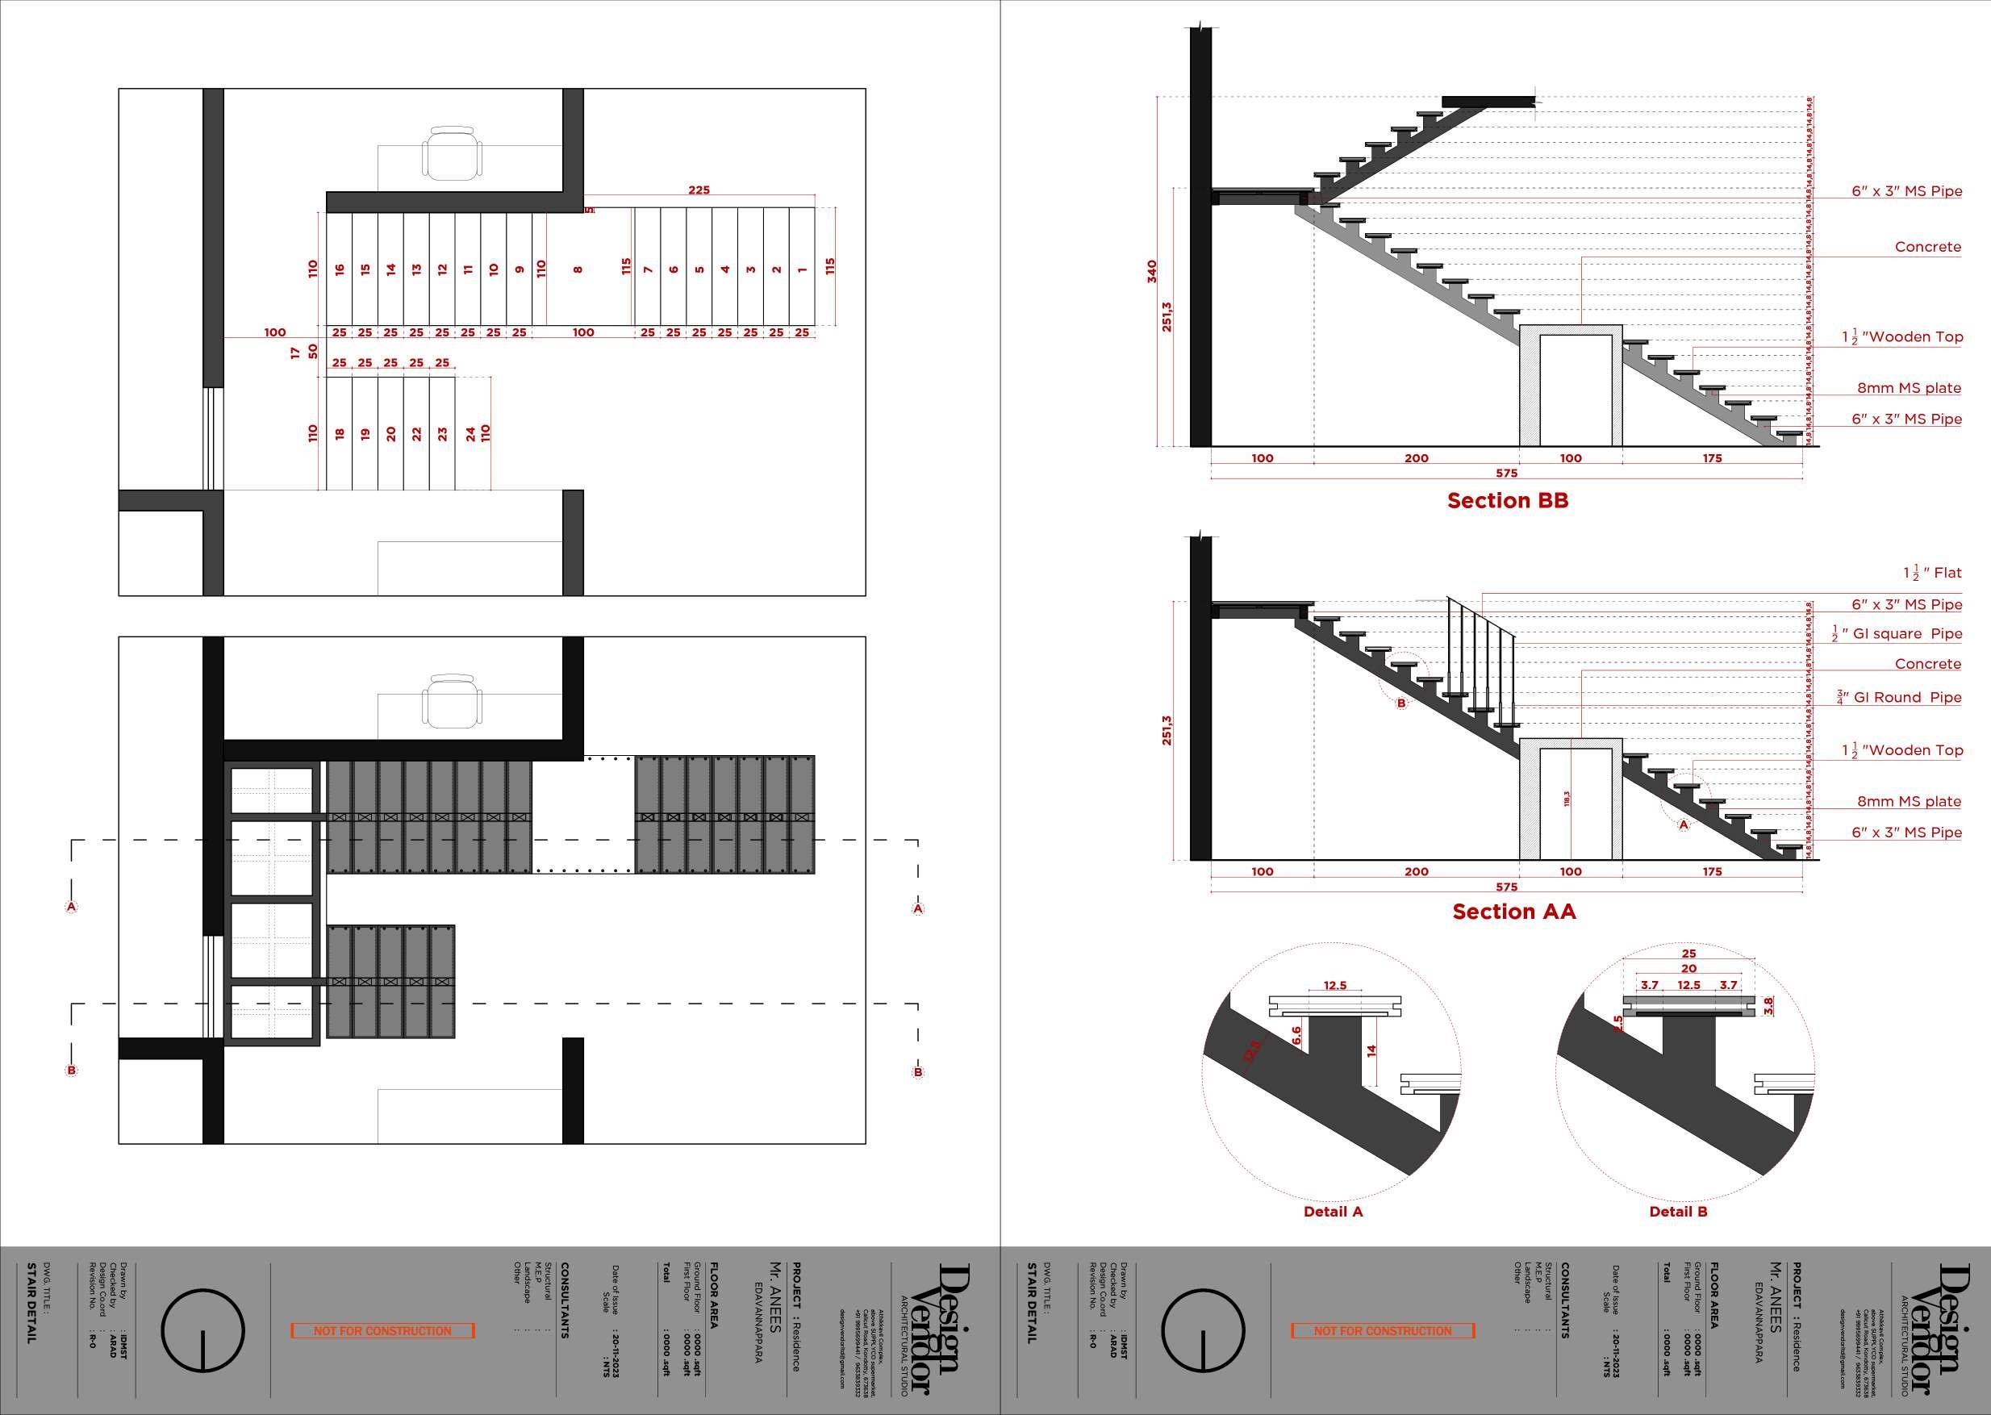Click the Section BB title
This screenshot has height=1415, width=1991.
(1508, 501)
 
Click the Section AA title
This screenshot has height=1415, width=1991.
(1513, 912)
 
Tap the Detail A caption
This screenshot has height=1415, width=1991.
(1332, 1212)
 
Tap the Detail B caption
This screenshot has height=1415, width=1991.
(1678, 1212)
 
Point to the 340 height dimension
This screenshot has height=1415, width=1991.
(1152, 271)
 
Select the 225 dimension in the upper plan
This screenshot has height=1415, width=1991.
(699, 190)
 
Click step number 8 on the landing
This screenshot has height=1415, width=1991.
(578, 270)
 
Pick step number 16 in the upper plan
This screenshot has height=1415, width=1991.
(340, 270)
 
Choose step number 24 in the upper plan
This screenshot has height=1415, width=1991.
(470, 433)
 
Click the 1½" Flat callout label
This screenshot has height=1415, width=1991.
(1932, 574)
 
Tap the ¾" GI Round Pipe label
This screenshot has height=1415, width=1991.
(1897, 698)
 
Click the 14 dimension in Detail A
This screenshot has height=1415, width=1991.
(1371, 1051)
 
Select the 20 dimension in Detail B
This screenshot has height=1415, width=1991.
(1688, 969)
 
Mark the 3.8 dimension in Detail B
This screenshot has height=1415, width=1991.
(1768, 1005)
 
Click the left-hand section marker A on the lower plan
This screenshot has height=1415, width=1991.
(72, 907)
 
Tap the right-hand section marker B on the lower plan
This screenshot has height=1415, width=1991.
(917, 1073)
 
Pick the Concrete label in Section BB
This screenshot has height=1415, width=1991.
(1927, 248)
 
